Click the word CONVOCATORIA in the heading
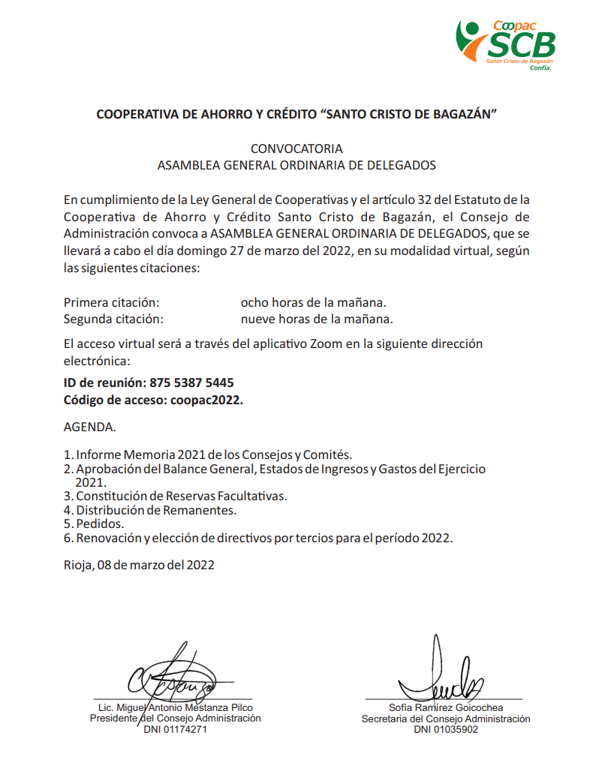click(297, 148)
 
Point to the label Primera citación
click(112, 303)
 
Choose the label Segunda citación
click(113, 319)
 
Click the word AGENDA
click(89, 427)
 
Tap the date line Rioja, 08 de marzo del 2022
click(139, 565)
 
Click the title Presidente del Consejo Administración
click(176, 718)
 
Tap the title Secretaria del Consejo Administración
click(446, 718)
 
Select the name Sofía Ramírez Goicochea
click(446, 707)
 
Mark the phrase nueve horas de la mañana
click(317, 319)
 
